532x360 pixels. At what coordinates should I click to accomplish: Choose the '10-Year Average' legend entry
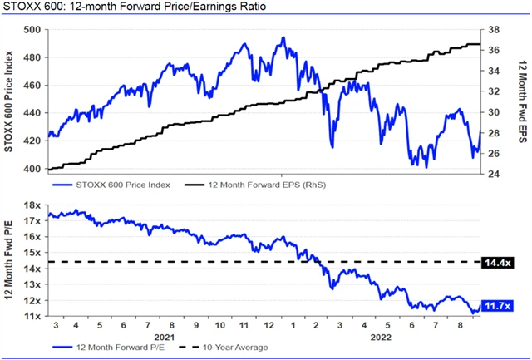coord(228,348)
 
